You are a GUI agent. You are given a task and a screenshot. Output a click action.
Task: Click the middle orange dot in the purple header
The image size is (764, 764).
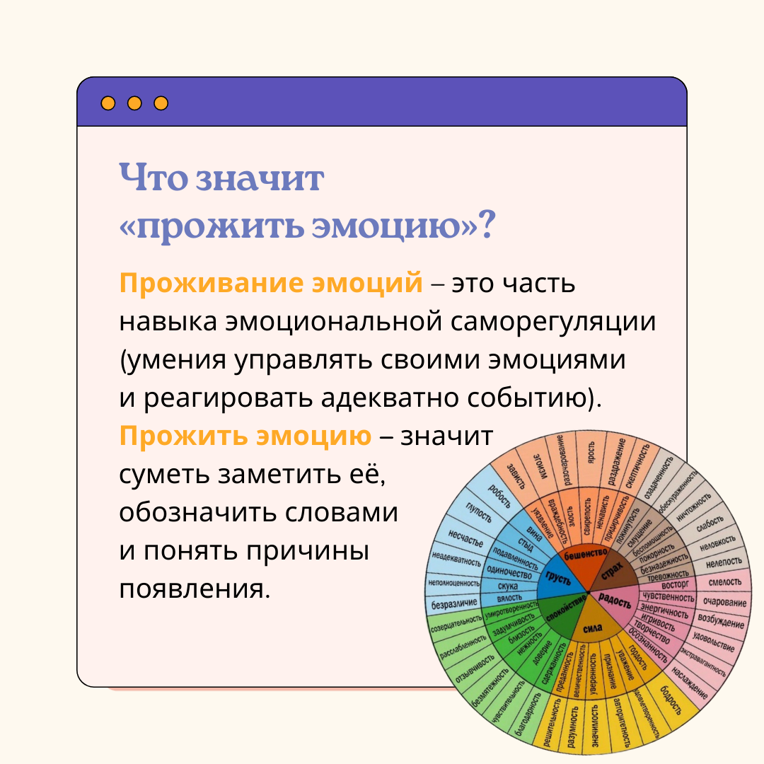pos(134,103)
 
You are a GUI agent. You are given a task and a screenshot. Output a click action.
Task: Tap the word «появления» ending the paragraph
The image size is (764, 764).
pos(195,589)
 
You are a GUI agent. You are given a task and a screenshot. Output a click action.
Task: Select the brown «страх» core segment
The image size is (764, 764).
pos(613,571)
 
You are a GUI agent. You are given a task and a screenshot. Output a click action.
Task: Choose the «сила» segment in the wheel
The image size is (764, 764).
pos(593,627)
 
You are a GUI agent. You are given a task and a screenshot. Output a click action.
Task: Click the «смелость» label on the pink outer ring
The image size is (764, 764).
pos(720,584)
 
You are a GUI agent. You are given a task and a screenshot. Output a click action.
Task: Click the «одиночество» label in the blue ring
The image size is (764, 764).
pos(510,574)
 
